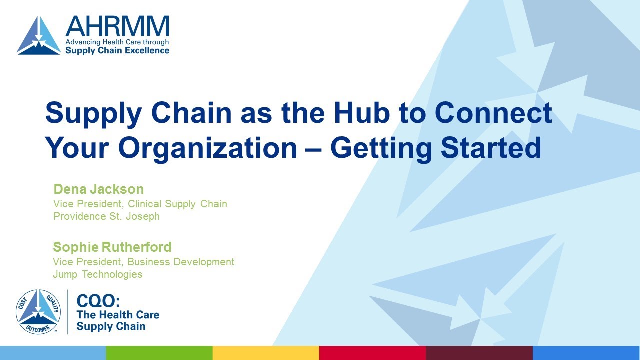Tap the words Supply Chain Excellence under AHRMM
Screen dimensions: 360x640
[117, 50]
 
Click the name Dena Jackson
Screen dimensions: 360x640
[98, 189]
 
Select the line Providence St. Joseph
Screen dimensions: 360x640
[106, 216]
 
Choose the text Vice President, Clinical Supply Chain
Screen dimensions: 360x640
[140, 203]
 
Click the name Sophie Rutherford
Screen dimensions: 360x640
[112, 247]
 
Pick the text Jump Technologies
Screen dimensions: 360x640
[98, 274]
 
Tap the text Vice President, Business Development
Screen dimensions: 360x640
[143, 261]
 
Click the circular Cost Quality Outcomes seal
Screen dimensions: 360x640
[38, 312]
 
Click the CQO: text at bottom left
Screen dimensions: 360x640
[98, 301]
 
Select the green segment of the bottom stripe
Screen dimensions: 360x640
[159, 353]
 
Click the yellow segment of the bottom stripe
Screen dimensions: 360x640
[266, 353]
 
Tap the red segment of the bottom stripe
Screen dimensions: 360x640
[372, 353]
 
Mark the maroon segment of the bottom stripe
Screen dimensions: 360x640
[479, 353]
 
